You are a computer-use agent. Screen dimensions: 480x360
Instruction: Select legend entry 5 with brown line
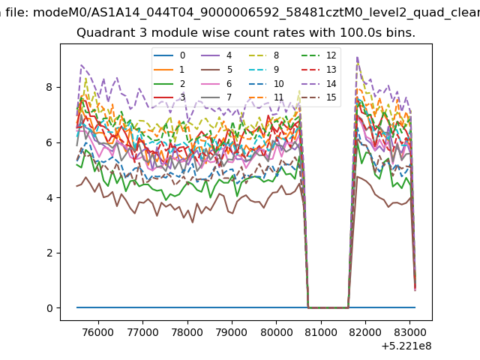pos(217,70)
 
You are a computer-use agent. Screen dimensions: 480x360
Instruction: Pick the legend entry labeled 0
pos(169,55)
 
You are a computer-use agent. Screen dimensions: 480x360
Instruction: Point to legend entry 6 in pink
pos(217,83)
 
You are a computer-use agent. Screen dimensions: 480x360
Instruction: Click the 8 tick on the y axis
pos(49,87)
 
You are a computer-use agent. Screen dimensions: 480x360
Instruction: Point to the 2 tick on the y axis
pos(49,253)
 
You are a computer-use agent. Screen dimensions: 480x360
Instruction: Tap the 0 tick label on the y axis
pos(49,308)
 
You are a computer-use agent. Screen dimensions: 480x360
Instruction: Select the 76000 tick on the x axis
pos(98,332)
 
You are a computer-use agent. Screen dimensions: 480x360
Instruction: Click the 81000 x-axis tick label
pos(321,332)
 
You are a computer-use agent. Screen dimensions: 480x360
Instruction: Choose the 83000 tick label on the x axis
pos(410,332)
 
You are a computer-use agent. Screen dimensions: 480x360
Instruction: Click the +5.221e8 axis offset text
pos(406,346)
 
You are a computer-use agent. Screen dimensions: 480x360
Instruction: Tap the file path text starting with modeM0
pos(256,13)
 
